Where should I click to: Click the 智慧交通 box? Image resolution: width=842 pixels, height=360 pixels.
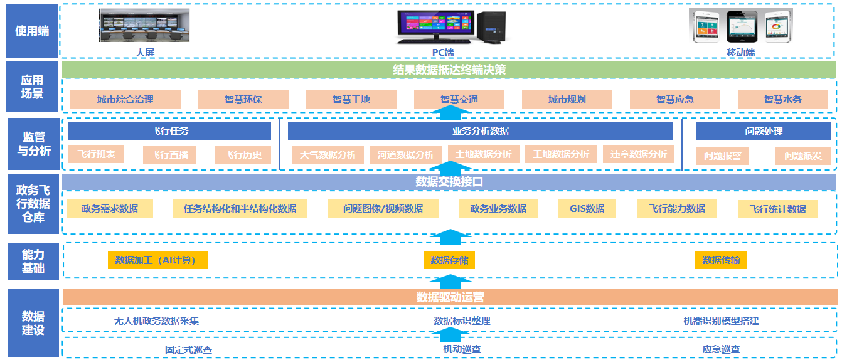tap(459, 99)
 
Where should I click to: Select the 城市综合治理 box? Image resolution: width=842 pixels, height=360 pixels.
tap(125, 99)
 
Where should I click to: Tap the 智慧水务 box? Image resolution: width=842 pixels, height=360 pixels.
tap(782, 99)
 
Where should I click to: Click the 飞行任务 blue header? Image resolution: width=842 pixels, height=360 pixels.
tap(169, 131)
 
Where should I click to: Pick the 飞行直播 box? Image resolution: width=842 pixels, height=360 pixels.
tap(169, 155)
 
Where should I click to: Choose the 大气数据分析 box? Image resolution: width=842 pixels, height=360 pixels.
tap(328, 154)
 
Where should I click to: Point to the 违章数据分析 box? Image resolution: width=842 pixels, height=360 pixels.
tap(638, 154)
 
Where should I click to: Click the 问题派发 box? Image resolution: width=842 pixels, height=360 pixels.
tap(802, 156)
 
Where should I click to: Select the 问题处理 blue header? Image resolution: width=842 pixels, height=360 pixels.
tap(764, 132)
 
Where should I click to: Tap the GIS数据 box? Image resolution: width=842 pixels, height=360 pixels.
tap(587, 209)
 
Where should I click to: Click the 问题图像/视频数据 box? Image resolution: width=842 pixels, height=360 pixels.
tap(383, 209)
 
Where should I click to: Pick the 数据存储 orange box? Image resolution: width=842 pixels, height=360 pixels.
tap(449, 260)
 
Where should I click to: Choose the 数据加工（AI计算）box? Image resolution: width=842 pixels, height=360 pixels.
tap(157, 260)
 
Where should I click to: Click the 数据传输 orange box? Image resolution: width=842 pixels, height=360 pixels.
tap(721, 260)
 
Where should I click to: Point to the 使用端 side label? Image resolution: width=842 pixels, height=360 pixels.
tap(32, 31)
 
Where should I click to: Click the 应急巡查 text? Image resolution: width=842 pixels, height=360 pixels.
tap(721, 349)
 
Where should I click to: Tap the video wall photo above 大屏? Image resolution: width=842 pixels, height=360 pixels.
tap(144, 26)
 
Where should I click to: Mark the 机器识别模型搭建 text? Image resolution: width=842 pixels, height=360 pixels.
tap(721, 320)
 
